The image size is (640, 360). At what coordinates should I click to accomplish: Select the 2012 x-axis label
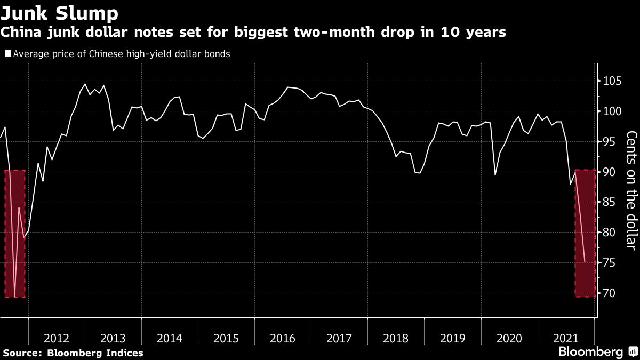click(57, 338)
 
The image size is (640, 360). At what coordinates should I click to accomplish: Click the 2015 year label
click(226, 338)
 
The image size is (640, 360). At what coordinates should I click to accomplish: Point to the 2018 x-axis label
click(396, 338)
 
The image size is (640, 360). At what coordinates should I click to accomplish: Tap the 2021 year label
click(565, 338)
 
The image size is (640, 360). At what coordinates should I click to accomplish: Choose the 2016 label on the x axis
click(283, 338)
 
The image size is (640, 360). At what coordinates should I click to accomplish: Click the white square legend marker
click(7, 54)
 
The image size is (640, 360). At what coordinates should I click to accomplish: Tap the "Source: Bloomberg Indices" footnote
click(73, 353)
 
